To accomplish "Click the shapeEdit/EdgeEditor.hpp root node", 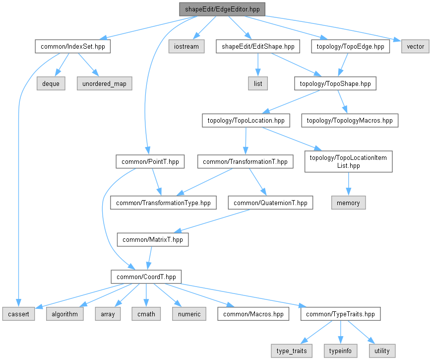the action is (x=222, y=9).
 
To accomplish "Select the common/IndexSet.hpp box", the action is (x=73, y=46).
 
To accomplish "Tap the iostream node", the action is (x=186, y=46).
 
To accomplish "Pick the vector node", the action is (x=415, y=46).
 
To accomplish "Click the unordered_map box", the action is (x=105, y=83).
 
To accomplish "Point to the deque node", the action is (x=51, y=83).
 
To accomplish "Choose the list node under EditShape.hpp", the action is (x=258, y=83).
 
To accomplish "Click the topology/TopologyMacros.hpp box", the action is (x=350, y=120).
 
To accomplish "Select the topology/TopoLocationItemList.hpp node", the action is (x=348, y=161).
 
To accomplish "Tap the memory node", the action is (x=348, y=203).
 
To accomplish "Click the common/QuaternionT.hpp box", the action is (x=270, y=203).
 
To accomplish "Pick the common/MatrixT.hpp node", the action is (x=153, y=239).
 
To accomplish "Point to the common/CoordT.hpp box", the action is (x=146, y=277).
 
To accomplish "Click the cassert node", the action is (x=18, y=314).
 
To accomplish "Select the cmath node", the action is (x=146, y=314).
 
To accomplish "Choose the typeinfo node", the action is (x=340, y=351).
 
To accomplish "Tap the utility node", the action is (x=382, y=351).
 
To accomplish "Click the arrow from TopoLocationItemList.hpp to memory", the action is (x=349, y=184).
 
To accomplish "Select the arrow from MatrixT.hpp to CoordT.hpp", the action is (x=150, y=258).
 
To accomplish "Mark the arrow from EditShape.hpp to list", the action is (x=258, y=65).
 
